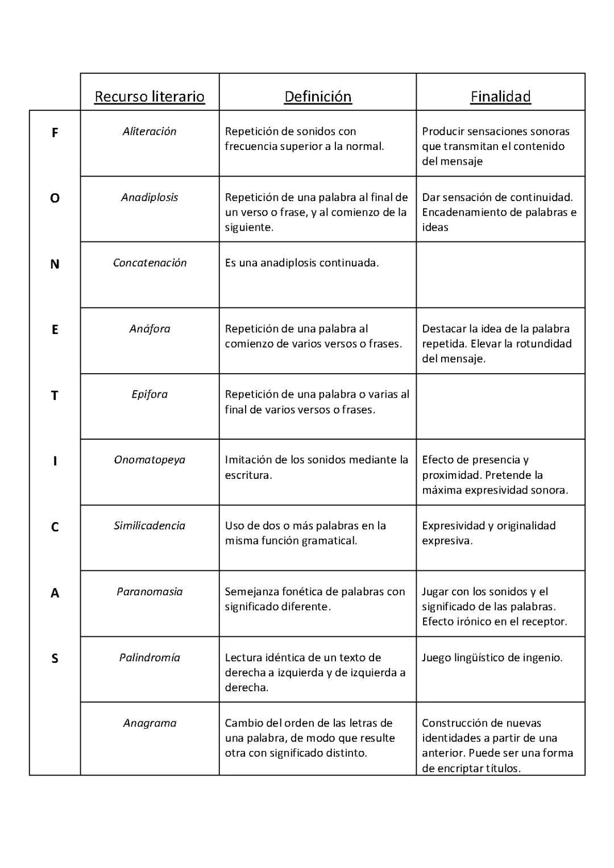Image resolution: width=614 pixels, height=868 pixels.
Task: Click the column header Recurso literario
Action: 150,97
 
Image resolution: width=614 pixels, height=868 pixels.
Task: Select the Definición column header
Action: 318,97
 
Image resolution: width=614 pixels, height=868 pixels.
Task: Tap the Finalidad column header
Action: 500,97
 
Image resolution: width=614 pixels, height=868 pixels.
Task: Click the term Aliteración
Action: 150,131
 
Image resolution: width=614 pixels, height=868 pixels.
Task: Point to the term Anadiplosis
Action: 150,197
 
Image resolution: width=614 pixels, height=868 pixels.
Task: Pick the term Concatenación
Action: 150,262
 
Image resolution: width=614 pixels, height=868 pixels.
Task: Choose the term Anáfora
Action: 150,328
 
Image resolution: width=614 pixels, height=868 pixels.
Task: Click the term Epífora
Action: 150,394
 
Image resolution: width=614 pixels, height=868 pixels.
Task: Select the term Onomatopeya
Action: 150,460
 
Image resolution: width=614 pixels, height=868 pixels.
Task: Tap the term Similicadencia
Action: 150,525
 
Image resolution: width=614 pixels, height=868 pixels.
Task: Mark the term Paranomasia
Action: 150,591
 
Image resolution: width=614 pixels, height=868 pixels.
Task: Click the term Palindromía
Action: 150,657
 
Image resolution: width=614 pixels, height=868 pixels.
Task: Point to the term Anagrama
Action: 150,723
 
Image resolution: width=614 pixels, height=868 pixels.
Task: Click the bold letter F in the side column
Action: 55,133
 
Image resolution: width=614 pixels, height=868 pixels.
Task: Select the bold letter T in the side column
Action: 55,395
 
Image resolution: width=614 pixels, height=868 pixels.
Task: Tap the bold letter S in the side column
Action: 55,658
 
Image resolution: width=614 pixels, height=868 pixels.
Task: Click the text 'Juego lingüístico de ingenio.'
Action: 492,657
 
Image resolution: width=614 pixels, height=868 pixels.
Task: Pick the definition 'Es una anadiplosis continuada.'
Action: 302,262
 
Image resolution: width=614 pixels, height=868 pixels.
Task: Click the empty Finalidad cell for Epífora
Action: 500,406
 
